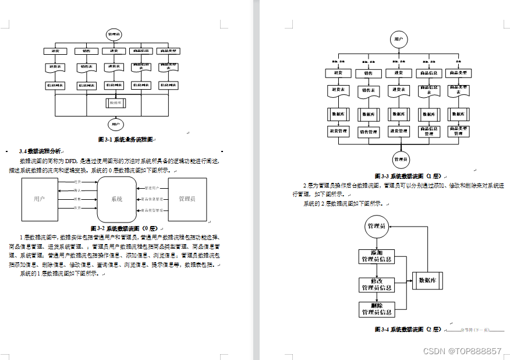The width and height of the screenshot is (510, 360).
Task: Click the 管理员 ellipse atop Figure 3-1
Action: click(x=114, y=35)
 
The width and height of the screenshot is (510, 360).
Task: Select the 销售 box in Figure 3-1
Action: click(x=86, y=51)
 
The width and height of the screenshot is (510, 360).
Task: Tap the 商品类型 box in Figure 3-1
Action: click(x=169, y=51)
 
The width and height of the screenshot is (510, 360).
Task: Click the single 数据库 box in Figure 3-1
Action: click(x=115, y=103)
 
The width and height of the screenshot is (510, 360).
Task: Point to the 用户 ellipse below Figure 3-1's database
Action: click(x=115, y=124)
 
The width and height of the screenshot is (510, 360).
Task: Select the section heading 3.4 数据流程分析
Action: click(x=40, y=151)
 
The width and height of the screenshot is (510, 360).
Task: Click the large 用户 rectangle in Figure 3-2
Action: click(x=40, y=199)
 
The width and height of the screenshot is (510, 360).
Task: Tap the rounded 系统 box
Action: click(x=116, y=199)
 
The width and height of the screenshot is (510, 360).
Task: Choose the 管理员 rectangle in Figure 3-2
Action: click(x=187, y=199)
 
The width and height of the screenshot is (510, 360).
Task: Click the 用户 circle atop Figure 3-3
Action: click(x=398, y=40)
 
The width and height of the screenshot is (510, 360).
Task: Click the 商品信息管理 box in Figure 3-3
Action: click(x=429, y=132)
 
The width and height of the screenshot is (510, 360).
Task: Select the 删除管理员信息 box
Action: click(x=376, y=309)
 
